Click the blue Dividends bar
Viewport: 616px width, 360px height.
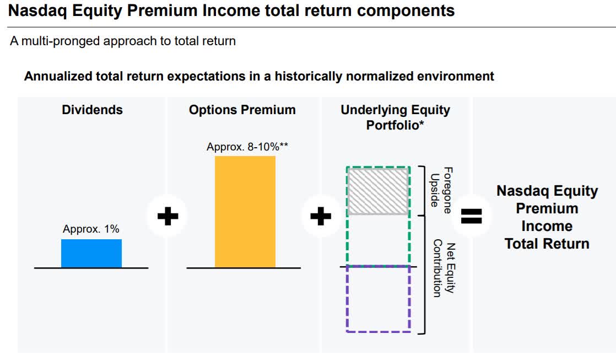pyautogui.click(x=91, y=254)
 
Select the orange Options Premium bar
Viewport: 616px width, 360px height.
pyautogui.click(x=245, y=212)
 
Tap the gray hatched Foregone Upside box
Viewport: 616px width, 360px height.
pyautogui.click(x=378, y=191)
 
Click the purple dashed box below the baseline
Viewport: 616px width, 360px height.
pyautogui.click(x=379, y=299)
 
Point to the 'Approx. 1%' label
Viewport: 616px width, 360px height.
pyautogui.click(x=91, y=229)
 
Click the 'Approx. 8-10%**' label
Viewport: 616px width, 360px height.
pyautogui.click(x=247, y=147)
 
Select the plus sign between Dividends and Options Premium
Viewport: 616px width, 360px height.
pyautogui.click(x=167, y=216)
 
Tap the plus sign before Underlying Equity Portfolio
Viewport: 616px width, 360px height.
pyautogui.click(x=321, y=216)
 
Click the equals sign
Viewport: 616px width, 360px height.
pyautogui.click(x=471, y=216)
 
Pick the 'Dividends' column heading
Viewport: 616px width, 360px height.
pyautogui.click(x=93, y=110)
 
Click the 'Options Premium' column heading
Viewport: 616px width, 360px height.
pyautogui.click(x=242, y=110)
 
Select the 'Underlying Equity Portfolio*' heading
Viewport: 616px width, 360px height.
pyautogui.click(x=395, y=117)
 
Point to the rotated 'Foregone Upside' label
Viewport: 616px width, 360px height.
pyautogui.click(x=441, y=190)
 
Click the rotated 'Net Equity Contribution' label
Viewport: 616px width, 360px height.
pyautogui.click(x=444, y=268)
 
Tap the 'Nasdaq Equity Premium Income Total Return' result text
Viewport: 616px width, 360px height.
pyautogui.click(x=547, y=217)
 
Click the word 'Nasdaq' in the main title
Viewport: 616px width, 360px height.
pyautogui.click(x=37, y=10)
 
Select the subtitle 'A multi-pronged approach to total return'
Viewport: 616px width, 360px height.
pyautogui.click(x=123, y=41)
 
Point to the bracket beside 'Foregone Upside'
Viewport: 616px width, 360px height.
pyautogui.click(x=422, y=191)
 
